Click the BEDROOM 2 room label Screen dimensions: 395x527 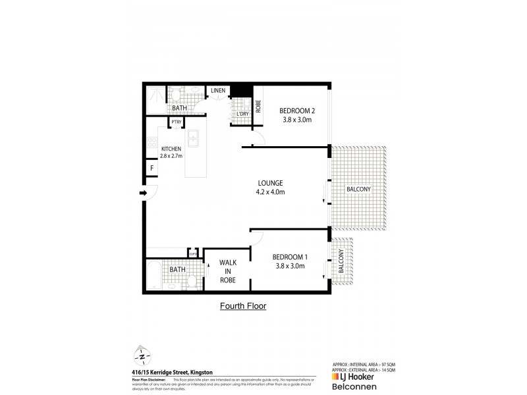point(295,110)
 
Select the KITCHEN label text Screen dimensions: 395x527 point(171,149)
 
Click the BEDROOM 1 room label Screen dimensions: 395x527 point(289,256)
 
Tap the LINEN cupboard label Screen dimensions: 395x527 point(219,90)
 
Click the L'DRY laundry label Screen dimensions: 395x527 point(242,114)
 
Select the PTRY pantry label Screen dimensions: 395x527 point(177,122)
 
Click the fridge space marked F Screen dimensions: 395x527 point(152,168)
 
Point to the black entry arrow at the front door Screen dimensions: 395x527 point(142,193)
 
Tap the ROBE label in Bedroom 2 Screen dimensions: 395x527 point(258,106)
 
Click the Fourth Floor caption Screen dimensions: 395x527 point(242,306)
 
